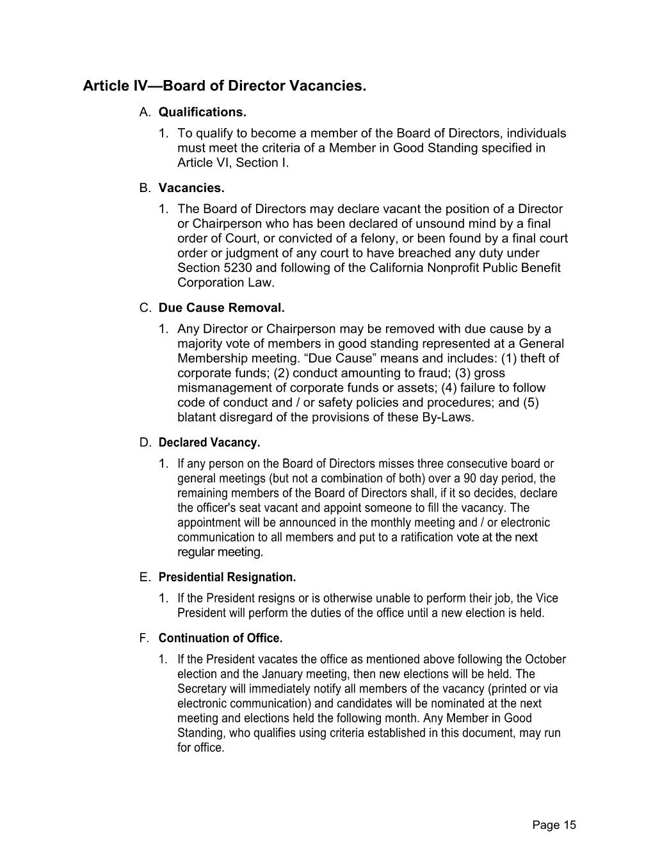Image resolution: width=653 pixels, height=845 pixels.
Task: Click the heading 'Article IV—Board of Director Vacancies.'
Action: point(224,86)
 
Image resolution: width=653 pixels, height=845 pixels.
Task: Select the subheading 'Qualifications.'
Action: point(202,113)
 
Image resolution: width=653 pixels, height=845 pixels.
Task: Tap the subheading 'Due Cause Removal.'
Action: point(222,308)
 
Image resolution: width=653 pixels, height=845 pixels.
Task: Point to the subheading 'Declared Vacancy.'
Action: point(209,442)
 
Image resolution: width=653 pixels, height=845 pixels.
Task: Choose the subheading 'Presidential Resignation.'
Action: point(227,577)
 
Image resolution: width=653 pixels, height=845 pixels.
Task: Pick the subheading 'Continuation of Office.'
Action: point(220,638)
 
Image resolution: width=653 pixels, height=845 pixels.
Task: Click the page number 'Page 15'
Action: point(554,825)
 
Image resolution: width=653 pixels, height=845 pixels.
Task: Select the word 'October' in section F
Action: point(545,659)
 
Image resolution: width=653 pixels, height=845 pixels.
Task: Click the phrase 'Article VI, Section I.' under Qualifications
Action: point(233,163)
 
